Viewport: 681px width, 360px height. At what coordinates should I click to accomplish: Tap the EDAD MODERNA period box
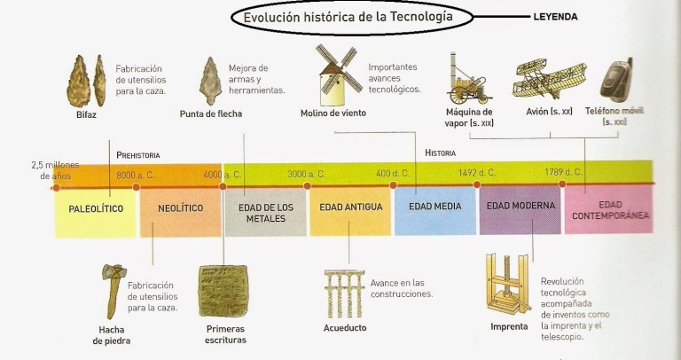click(521, 206)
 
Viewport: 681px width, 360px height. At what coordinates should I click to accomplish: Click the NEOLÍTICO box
click(181, 208)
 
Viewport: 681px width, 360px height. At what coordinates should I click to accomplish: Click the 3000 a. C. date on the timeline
click(306, 174)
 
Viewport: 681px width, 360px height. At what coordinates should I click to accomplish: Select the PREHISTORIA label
click(144, 153)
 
